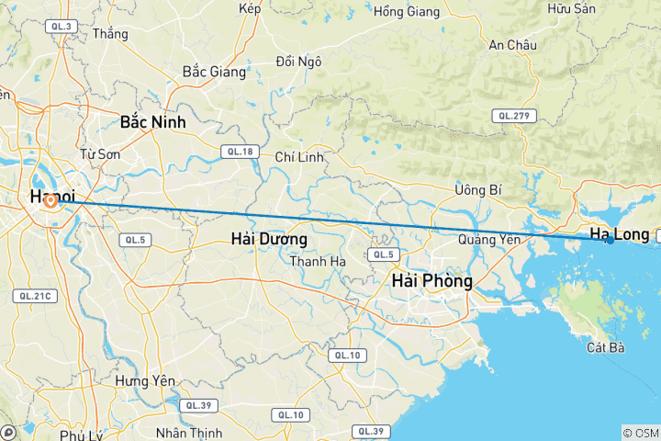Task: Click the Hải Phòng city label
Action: (x=431, y=280)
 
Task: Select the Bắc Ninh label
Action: (x=152, y=121)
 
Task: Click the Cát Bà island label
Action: (x=606, y=348)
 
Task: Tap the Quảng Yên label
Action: (x=489, y=240)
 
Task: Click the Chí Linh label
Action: (x=299, y=157)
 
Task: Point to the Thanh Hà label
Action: (x=318, y=262)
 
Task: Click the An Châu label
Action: (x=512, y=44)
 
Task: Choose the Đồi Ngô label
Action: (x=298, y=62)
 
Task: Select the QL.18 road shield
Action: (x=238, y=152)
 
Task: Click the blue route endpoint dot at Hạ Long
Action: (x=610, y=240)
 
